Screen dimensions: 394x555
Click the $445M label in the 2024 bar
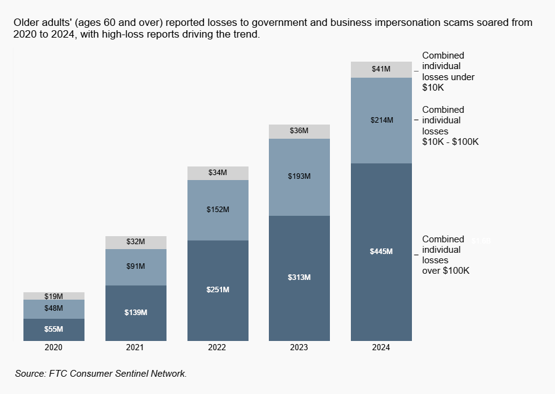point(381,252)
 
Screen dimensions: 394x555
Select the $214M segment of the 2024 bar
point(381,120)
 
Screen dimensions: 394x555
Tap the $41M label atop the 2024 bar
point(381,69)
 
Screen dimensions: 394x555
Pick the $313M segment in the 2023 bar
point(299,277)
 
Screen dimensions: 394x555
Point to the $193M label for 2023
point(299,176)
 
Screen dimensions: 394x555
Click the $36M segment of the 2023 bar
point(299,131)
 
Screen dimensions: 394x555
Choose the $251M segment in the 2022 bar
point(218,290)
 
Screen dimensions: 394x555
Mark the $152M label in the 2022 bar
point(218,210)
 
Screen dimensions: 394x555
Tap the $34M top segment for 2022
point(218,173)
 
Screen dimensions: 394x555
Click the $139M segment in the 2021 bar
point(136,313)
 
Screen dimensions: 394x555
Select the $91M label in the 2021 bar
point(136,266)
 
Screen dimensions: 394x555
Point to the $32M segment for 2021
point(136,242)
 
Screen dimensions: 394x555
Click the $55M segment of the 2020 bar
point(54,329)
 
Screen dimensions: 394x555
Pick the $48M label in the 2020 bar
point(54,308)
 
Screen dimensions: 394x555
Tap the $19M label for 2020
point(54,297)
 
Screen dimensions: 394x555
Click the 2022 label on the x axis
point(217,348)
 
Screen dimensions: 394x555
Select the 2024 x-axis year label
point(381,348)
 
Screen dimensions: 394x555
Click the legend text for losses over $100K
point(446,255)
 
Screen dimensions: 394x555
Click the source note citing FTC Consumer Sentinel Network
point(101,374)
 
